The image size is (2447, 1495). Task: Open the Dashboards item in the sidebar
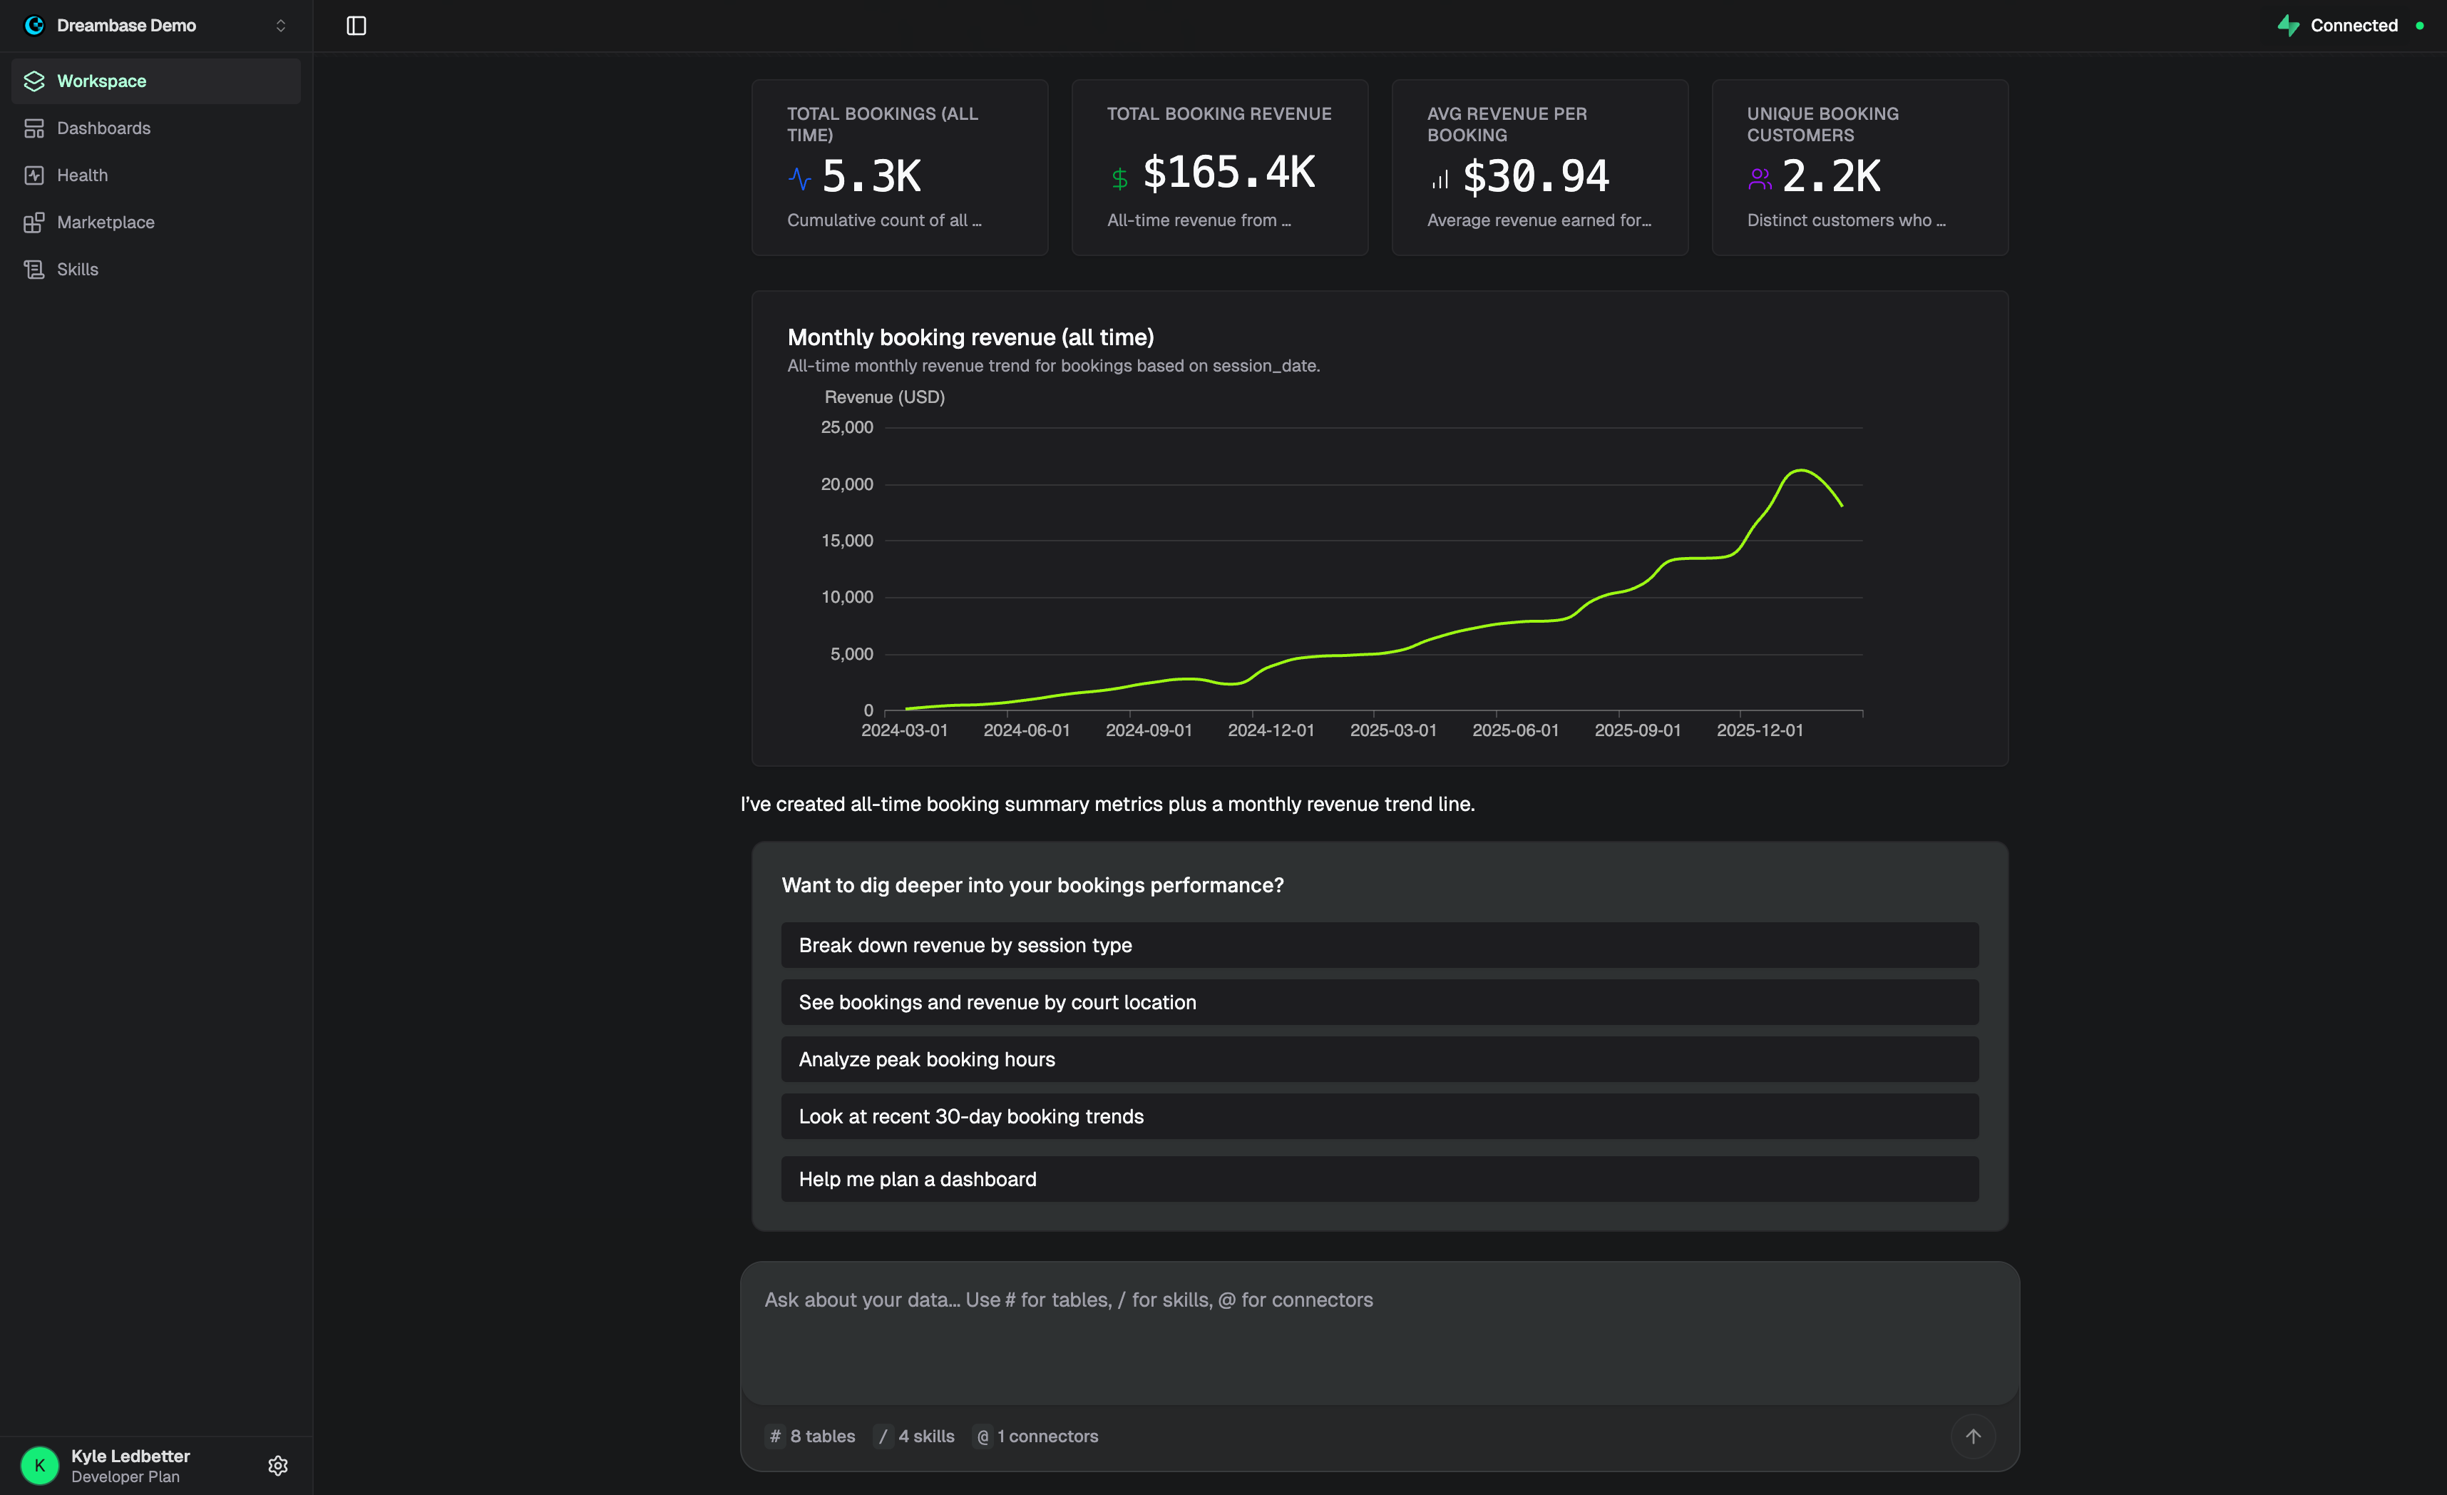103,128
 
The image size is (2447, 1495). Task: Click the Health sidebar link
83,175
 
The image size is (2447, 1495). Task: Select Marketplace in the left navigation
106,223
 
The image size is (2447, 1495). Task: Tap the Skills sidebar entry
78,269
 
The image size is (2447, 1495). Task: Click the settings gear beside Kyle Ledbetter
278,1465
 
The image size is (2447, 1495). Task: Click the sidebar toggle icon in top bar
356,26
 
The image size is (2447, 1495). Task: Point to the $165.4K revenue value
1228,173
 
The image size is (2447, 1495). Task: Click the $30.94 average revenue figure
1535,177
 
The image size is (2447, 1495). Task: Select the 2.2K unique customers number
1830,177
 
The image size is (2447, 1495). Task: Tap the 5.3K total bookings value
871,177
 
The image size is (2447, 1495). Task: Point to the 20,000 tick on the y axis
846,485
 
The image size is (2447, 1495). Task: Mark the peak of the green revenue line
1800,470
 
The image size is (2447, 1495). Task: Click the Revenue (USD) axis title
884,397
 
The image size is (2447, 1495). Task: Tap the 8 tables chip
811,1437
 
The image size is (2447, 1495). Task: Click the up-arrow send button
1972,1437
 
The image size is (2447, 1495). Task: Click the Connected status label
2353,26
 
